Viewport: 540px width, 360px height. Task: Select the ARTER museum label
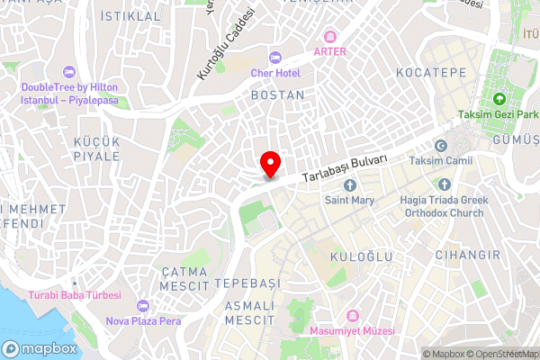click(329, 51)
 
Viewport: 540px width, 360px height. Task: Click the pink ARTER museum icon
click(330, 37)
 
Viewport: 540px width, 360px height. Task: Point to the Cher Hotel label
click(275, 73)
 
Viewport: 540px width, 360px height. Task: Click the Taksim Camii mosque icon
click(441, 146)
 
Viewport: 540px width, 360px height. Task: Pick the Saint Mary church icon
click(350, 185)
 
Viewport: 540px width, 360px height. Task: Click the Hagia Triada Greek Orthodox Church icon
click(459, 185)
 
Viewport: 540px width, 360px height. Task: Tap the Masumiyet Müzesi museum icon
click(353, 316)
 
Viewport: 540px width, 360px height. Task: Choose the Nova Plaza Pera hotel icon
click(144, 306)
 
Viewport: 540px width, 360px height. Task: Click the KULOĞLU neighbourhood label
click(363, 257)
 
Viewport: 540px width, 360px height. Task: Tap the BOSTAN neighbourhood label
click(277, 94)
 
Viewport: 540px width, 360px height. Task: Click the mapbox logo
click(38, 348)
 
